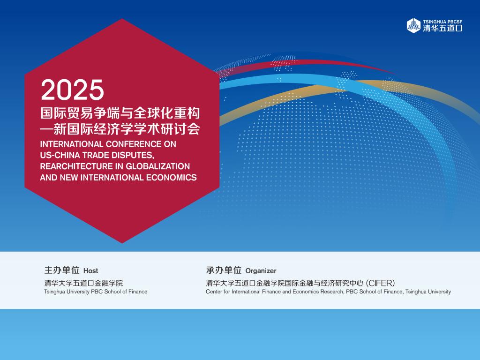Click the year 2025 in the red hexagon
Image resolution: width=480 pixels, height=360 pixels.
point(73,90)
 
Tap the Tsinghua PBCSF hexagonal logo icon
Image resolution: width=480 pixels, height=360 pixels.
point(413,25)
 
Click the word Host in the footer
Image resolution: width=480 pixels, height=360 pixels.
point(90,270)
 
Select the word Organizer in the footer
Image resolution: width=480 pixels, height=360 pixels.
point(261,270)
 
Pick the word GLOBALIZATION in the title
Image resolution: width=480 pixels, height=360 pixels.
point(158,166)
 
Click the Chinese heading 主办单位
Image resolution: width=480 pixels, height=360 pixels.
point(62,270)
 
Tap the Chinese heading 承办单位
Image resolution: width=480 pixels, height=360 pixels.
point(224,270)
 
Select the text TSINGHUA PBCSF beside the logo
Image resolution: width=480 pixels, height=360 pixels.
point(442,22)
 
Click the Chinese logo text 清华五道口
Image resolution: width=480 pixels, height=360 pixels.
point(442,28)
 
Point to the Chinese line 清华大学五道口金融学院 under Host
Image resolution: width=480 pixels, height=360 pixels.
point(83,283)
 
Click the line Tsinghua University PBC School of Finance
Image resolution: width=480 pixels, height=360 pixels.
point(96,292)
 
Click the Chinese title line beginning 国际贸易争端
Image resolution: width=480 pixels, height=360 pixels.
point(120,113)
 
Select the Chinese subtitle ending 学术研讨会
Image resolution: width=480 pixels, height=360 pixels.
point(120,129)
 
